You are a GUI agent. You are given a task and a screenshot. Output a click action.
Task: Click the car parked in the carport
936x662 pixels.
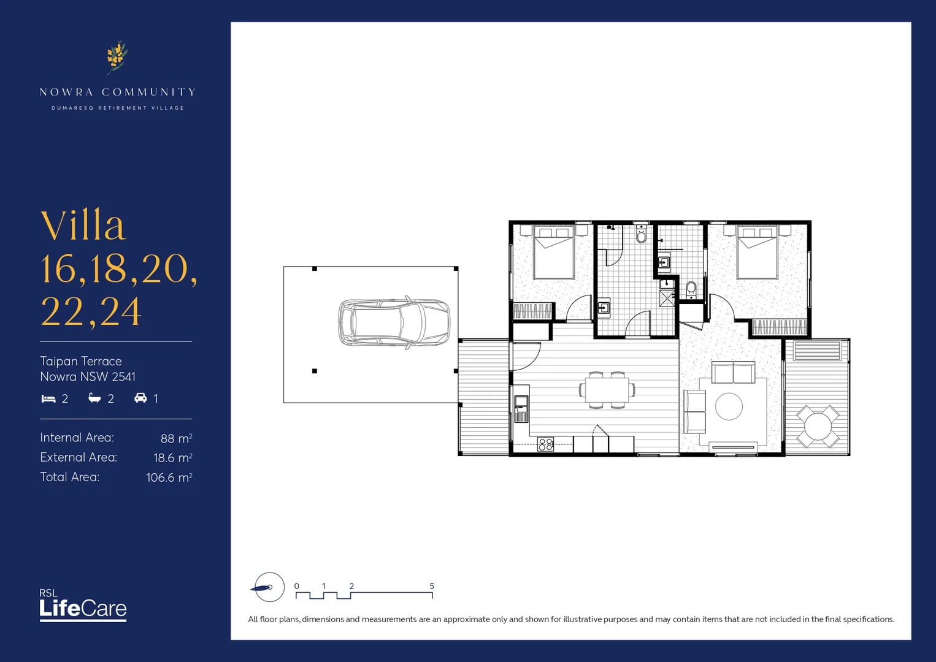(x=394, y=322)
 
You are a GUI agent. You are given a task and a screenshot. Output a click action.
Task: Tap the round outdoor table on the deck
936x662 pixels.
(x=818, y=425)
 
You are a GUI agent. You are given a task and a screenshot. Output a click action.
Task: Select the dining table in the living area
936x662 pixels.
(x=607, y=390)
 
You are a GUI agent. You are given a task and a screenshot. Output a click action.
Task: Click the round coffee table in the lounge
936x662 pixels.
(x=729, y=406)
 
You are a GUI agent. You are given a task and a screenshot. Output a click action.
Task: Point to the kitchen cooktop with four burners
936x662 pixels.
(x=545, y=444)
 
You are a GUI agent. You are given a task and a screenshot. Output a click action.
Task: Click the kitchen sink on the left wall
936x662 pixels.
(x=521, y=404)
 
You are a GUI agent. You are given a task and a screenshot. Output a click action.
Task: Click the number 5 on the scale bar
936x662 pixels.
(x=432, y=586)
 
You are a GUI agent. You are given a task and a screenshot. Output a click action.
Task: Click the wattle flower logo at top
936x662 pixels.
(x=117, y=57)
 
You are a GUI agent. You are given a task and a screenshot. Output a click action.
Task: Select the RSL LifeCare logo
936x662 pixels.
(x=83, y=605)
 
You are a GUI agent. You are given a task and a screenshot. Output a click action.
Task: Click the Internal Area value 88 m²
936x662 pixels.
(x=176, y=438)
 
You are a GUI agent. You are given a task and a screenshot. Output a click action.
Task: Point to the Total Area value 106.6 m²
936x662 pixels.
(x=169, y=477)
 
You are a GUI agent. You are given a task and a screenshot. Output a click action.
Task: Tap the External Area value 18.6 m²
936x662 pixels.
(x=172, y=458)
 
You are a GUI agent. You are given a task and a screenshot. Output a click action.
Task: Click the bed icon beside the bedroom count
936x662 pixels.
(x=48, y=399)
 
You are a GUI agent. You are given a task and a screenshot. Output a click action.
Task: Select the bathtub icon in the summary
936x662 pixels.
(x=94, y=398)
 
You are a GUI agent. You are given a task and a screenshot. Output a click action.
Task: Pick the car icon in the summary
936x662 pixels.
(x=140, y=398)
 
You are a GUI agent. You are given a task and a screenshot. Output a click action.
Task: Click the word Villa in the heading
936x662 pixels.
(x=83, y=226)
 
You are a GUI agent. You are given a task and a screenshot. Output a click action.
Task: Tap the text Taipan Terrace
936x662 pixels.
(x=81, y=361)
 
